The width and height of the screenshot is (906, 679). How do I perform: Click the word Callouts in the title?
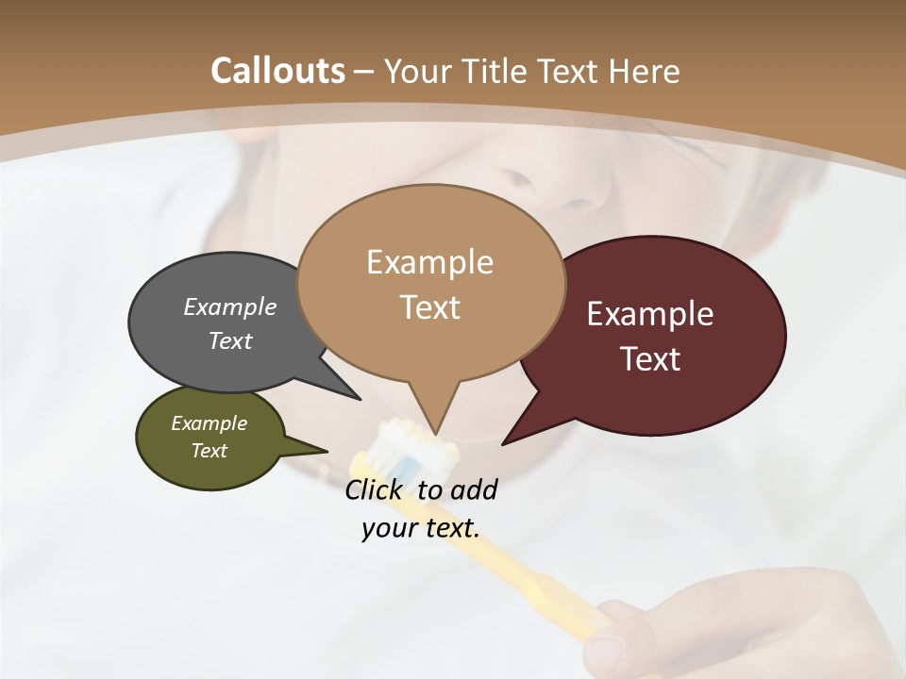click(x=277, y=71)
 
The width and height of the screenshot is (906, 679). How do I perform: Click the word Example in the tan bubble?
click(x=429, y=262)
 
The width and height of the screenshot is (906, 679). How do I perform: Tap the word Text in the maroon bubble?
click(x=651, y=359)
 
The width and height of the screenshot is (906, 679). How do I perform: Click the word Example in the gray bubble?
click(x=230, y=306)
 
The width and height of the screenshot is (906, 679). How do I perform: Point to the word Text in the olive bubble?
click(x=210, y=451)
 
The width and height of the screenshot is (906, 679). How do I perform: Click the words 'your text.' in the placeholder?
click(x=421, y=528)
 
